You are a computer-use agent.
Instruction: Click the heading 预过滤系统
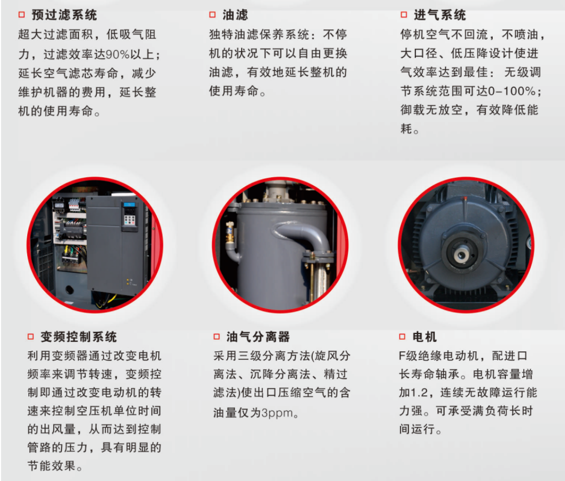pos(64,15)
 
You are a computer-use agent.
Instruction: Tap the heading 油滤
pos(235,15)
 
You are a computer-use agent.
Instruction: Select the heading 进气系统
pos(439,15)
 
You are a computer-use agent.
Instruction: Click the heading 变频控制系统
pos(78,337)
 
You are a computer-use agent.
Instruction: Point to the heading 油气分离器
pos(258,337)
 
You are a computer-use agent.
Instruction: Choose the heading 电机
pos(424,337)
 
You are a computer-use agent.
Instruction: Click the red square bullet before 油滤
pos(212,15)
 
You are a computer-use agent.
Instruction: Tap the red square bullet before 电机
pos(402,337)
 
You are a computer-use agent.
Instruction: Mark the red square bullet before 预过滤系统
pos(21,15)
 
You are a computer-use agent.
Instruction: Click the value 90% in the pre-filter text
pos(117,54)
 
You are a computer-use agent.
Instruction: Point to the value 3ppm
pos(277,413)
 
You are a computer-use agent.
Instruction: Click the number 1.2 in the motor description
pos(420,393)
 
